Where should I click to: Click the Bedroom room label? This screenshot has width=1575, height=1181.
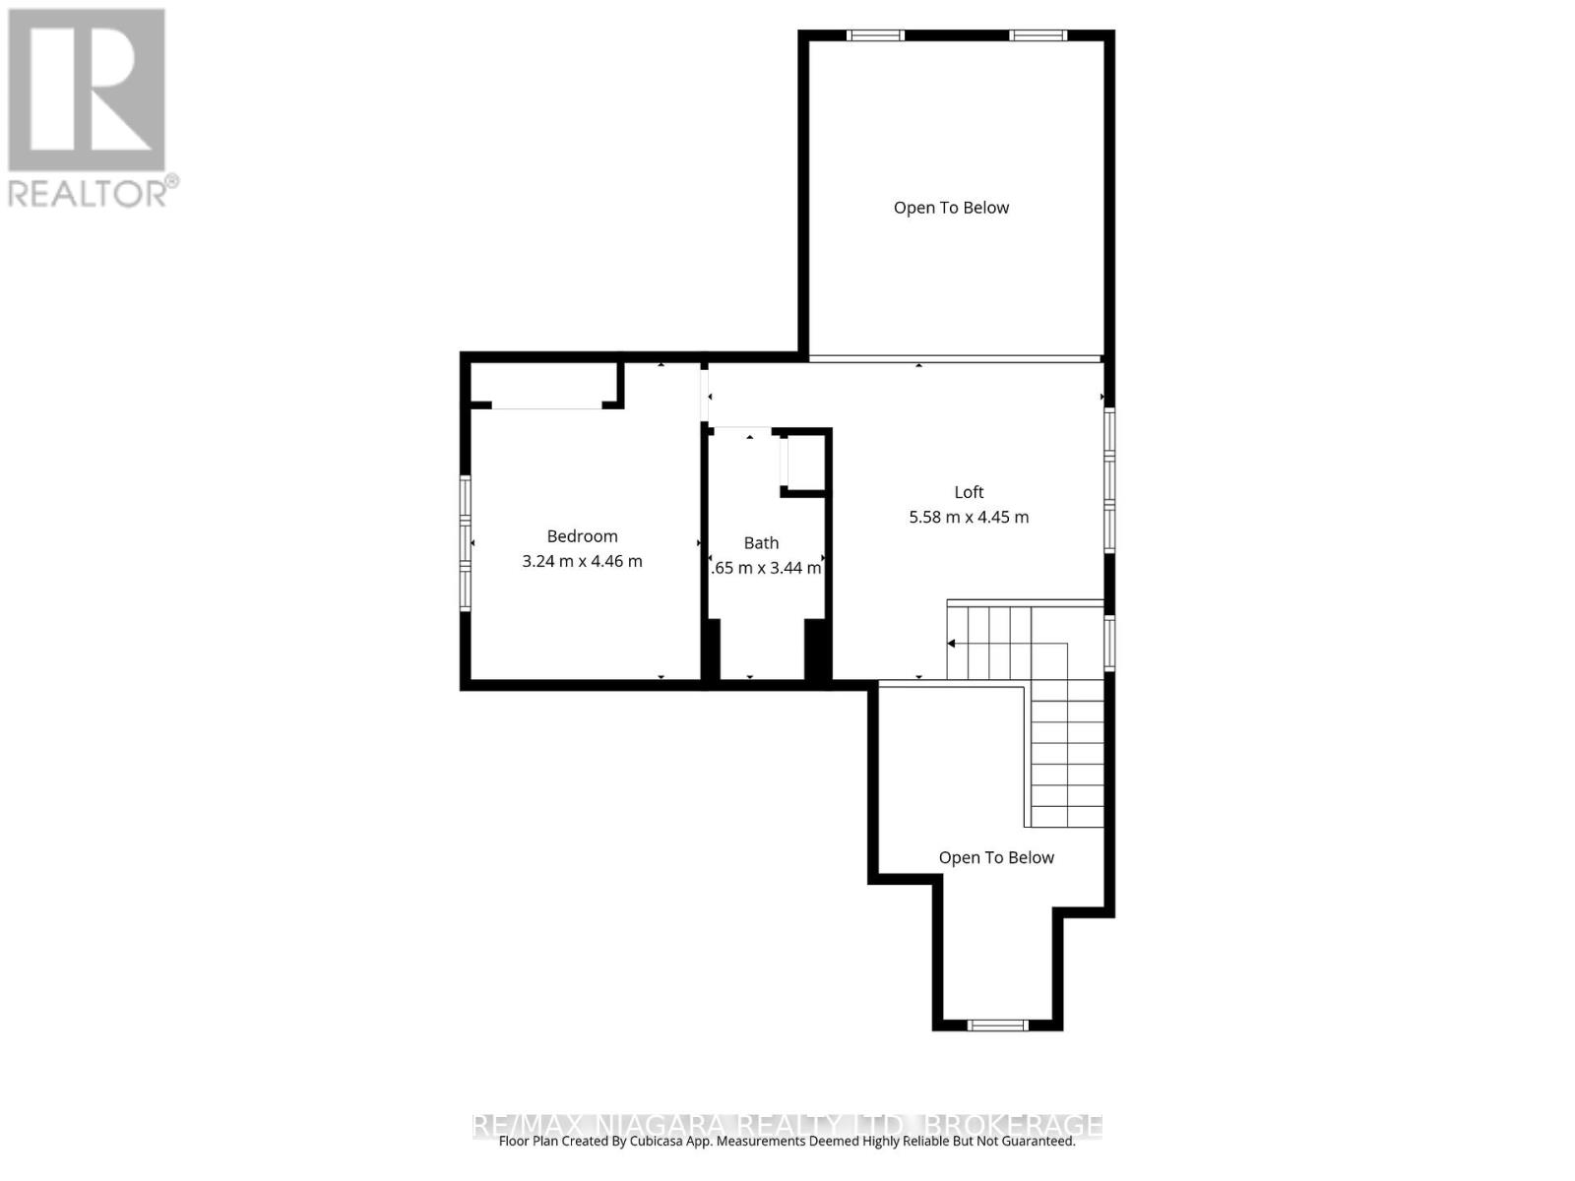pyautogui.click(x=582, y=536)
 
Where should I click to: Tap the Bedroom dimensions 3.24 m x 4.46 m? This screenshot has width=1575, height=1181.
pyautogui.click(x=582, y=561)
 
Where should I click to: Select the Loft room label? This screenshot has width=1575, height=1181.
pyautogui.click(x=969, y=492)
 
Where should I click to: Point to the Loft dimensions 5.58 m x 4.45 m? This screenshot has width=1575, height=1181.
pyautogui.click(x=969, y=517)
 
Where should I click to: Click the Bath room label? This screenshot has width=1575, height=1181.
pyautogui.click(x=761, y=542)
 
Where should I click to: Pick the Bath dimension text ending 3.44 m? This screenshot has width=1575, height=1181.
pyautogui.click(x=766, y=568)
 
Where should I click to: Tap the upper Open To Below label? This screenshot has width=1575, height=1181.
pyautogui.click(x=951, y=208)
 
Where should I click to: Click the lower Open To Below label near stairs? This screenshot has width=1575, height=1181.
pyautogui.click(x=996, y=857)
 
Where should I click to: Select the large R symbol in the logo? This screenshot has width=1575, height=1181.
pyautogui.click(x=87, y=91)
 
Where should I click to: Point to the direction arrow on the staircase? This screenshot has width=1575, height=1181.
pyautogui.click(x=952, y=644)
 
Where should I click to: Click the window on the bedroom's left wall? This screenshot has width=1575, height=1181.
pyautogui.click(x=466, y=543)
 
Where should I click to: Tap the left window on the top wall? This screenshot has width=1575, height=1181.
pyautogui.click(x=875, y=36)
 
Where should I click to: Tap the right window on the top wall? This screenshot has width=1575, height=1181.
pyautogui.click(x=1037, y=36)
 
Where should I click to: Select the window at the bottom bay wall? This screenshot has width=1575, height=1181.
pyautogui.click(x=997, y=1026)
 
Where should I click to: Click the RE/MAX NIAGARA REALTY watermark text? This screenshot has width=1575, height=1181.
pyautogui.click(x=787, y=1124)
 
